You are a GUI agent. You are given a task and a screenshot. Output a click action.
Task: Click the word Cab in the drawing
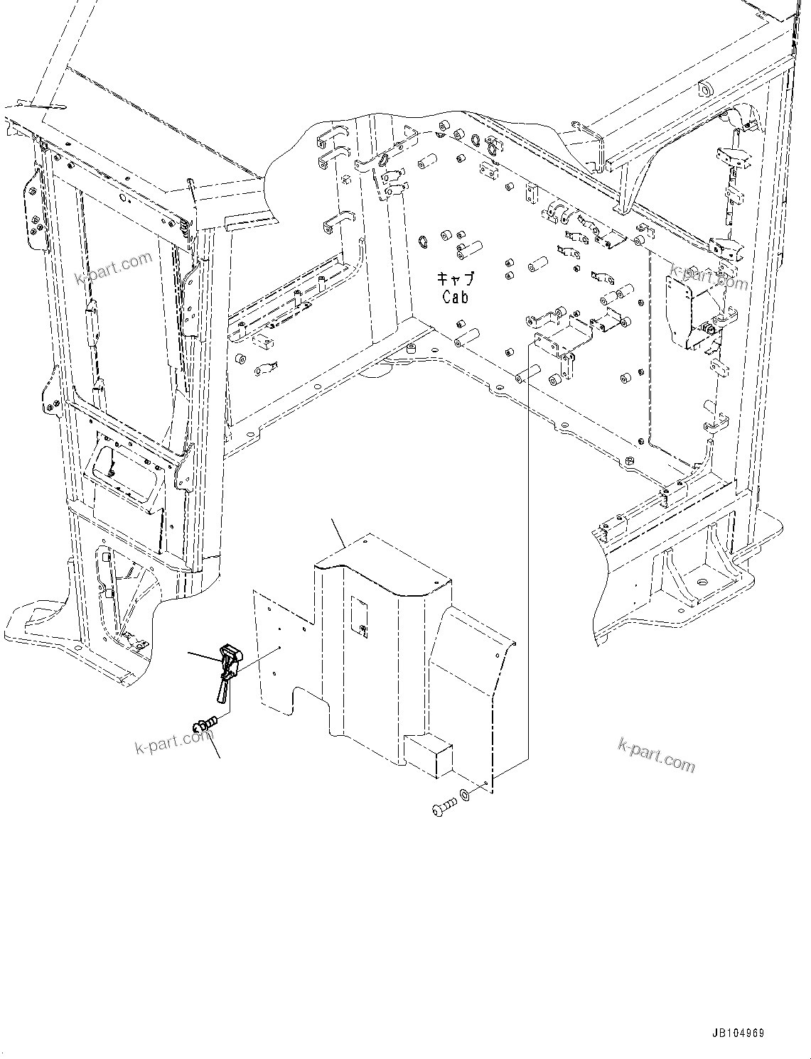[456, 297]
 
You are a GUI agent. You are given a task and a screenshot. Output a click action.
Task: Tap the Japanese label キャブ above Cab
[455, 279]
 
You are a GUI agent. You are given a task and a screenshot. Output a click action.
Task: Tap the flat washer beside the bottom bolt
[464, 793]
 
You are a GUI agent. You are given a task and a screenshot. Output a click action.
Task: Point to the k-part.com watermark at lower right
[656, 754]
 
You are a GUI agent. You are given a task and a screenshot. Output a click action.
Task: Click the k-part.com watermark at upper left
[113, 268]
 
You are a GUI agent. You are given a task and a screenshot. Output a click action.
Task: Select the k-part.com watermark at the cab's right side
[709, 278]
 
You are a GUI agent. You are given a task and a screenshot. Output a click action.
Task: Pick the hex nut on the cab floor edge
[630, 462]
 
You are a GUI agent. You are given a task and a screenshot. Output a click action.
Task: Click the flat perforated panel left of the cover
[281, 653]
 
